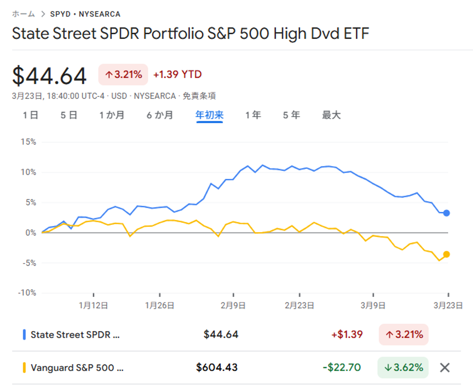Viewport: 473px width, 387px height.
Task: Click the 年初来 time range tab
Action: point(209,115)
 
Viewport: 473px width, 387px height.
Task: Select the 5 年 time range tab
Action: point(291,115)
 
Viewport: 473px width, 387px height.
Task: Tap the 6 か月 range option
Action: point(160,115)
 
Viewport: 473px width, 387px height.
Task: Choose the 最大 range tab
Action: point(331,115)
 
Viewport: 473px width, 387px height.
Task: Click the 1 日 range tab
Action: point(31,115)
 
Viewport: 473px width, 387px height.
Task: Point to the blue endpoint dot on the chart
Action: point(447,213)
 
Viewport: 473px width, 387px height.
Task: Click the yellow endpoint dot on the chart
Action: point(447,254)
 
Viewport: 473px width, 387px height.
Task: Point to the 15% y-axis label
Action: point(27,142)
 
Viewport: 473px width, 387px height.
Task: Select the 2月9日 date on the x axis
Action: point(233,306)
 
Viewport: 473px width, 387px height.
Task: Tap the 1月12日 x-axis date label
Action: point(94,306)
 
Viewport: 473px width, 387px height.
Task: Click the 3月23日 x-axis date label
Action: point(447,306)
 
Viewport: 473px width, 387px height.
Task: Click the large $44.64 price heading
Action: point(50,76)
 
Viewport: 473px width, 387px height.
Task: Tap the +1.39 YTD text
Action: point(178,75)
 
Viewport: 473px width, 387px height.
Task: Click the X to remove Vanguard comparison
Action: point(445,368)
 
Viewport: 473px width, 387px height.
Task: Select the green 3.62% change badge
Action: point(403,368)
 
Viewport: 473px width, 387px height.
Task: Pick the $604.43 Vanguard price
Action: point(217,368)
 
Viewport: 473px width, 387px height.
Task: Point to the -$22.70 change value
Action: point(343,368)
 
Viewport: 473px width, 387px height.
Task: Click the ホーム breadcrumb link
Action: point(23,14)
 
